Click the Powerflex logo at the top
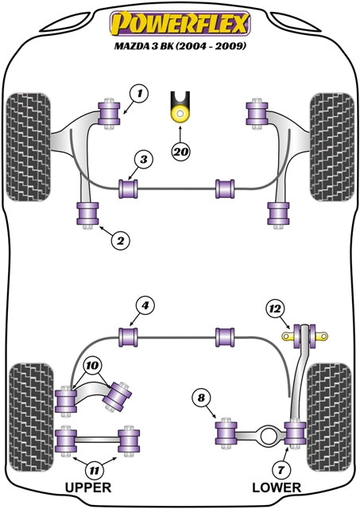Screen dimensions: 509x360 [180, 21]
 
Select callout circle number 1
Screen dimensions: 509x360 [140, 95]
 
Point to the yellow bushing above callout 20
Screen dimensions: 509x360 [180, 111]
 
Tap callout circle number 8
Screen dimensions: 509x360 [201, 399]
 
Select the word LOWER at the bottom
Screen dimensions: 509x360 [276, 487]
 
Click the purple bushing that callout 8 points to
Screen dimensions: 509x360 [227, 432]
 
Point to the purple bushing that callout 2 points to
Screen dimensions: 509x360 [87, 214]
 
